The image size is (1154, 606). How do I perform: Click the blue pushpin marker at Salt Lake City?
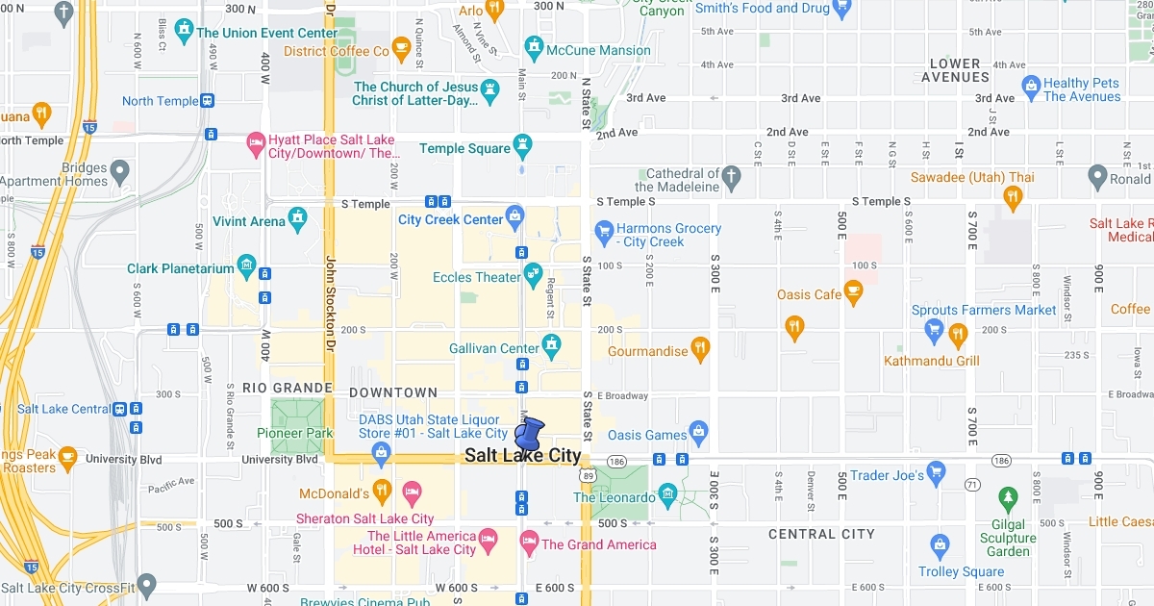529,433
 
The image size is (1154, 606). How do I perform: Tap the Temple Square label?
464,149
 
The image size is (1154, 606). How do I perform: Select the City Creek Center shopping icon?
514,215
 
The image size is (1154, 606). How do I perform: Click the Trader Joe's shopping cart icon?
936,473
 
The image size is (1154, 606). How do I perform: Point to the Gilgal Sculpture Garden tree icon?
1008,498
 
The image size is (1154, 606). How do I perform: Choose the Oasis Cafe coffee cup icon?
853,292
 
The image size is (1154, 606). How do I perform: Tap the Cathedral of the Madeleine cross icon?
732,176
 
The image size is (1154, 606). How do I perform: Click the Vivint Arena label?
249,221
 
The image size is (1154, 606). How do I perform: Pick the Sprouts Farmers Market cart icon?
933,330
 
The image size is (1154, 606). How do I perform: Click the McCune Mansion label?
598,50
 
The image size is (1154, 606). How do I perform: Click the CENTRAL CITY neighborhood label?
821,534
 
